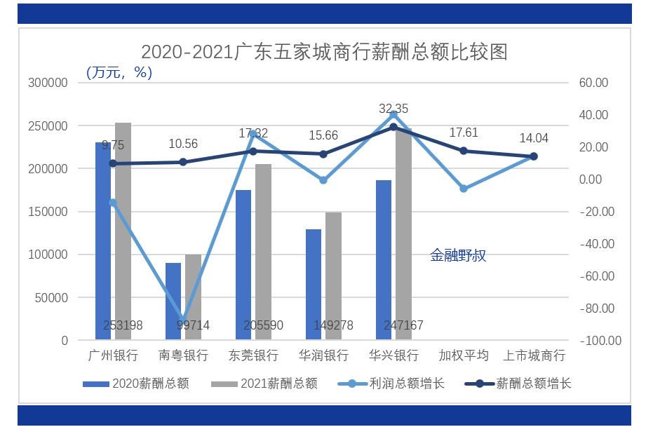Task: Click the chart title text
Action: tap(324, 53)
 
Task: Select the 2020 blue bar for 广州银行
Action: tap(103, 238)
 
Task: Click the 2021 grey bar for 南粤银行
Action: tap(193, 294)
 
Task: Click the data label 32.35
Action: tap(393, 109)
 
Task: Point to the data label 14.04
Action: tap(534, 139)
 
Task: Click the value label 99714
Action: tap(186, 325)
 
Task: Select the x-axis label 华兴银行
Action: tap(393, 355)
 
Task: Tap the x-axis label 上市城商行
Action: tap(534, 355)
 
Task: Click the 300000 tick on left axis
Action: tap(48, 83)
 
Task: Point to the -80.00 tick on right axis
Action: tap(596, 309)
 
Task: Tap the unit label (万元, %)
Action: tap(119, 72)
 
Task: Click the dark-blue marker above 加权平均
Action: tap(464, 151)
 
